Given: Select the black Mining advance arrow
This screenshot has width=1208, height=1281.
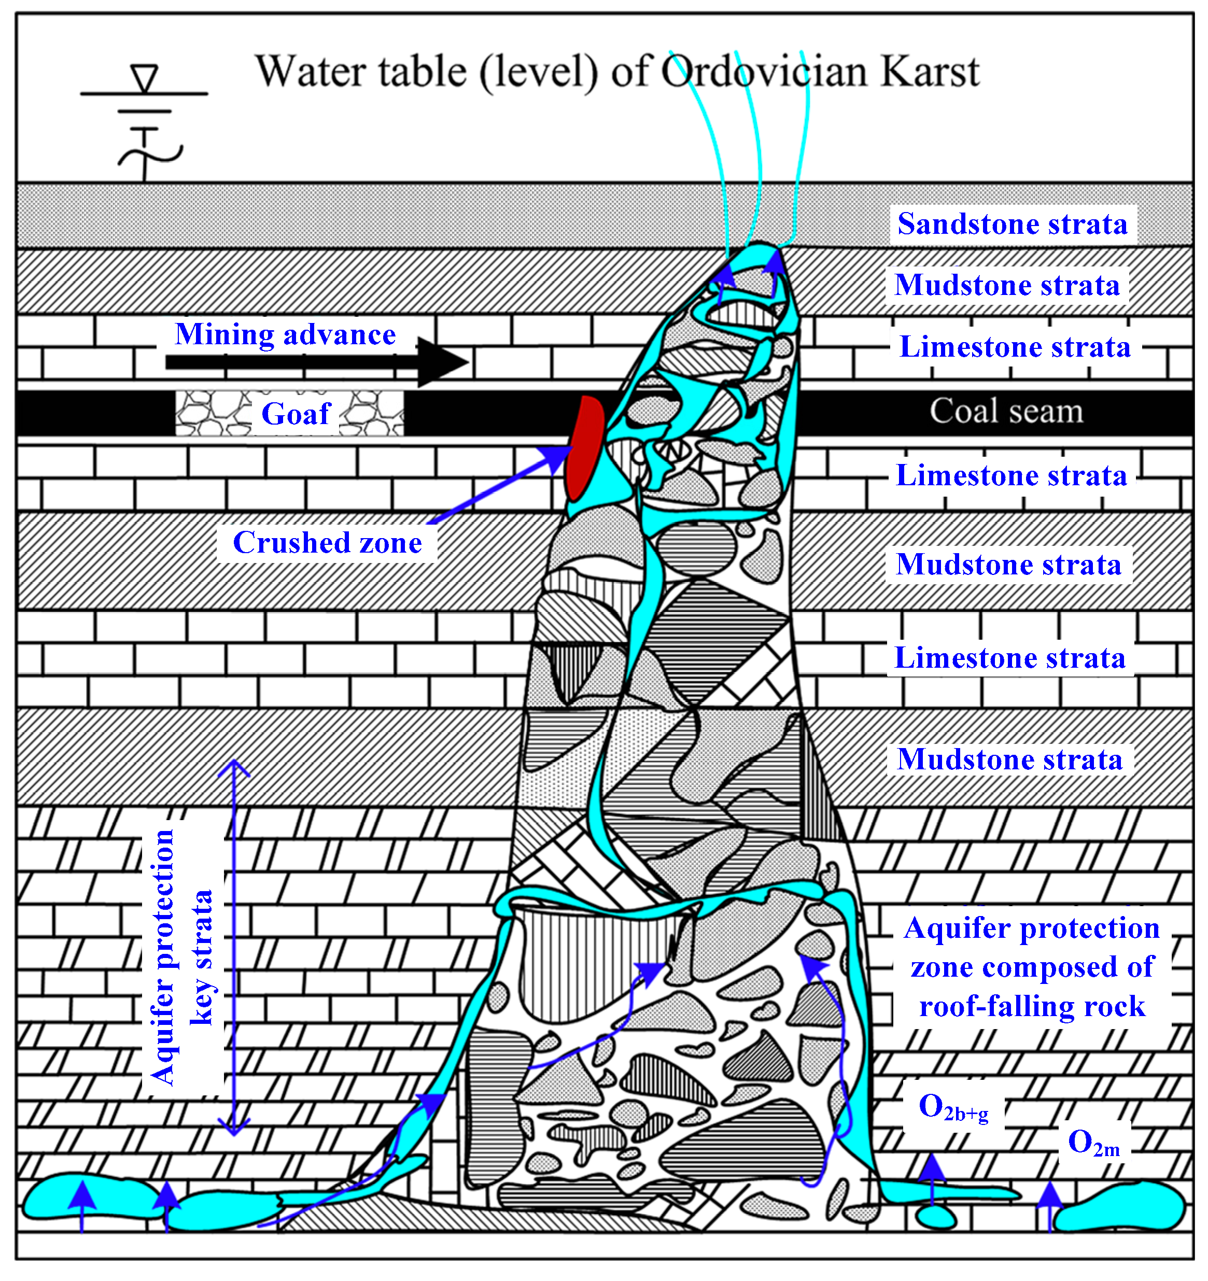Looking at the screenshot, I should coord(316,362).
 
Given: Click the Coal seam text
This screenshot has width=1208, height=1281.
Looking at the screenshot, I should coord(1006,411).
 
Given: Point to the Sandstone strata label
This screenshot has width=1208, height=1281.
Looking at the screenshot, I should coord(1012,224).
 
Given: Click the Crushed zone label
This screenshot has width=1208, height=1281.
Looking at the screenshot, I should coord(327,543).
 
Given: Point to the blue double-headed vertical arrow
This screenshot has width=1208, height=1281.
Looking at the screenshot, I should coord(234,947).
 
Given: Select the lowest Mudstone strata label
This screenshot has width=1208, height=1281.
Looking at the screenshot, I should coord(1009,759).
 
